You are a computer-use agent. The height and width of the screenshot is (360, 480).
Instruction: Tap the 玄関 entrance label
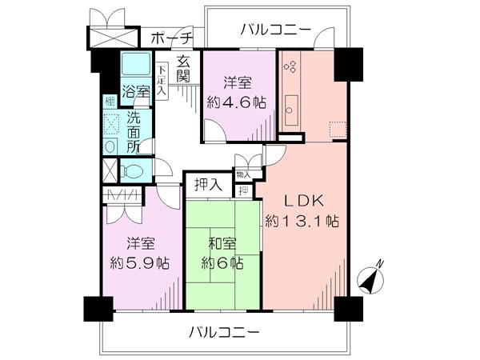pyautogui.click(x=184, y=70)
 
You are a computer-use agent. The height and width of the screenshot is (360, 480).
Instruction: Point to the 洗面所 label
pyautogui.click(x=134, y=132)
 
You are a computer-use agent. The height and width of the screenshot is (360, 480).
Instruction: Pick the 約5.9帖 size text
pyautogui.click(x=139, y=262)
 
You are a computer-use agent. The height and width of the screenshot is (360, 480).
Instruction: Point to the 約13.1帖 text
pyautogui.click(x=305, y=221)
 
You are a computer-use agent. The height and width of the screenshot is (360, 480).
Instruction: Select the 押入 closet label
pyautogui.click(x=209, y=185)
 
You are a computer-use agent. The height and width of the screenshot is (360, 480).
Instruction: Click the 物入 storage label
pyautogui.click(x=243, y=174)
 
